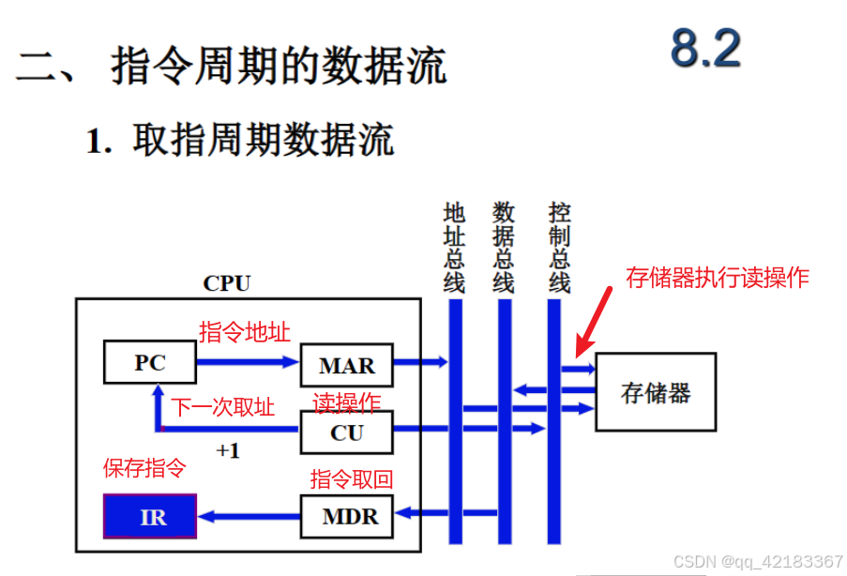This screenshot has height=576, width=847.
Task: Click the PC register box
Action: (x=149, y=362)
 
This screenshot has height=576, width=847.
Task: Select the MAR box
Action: (x=346, y=365)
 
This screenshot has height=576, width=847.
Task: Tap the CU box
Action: (x=346, y=432)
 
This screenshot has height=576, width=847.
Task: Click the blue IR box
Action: (x=150, y=516)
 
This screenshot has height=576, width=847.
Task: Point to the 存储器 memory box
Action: (x=656, y=391)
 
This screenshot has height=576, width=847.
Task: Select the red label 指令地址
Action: (x=244, y=332)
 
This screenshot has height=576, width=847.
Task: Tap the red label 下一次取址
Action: (x=223, y=407)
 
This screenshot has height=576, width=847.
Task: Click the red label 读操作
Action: (x=347, y=402)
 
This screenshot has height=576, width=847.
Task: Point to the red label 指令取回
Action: (x=352, y=479)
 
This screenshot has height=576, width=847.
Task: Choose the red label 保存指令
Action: (x=144, y=467)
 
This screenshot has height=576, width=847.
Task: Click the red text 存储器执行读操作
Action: (x=717, y=278)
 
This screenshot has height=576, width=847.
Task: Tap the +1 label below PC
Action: (x=228, y=450)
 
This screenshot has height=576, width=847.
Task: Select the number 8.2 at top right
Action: (x=705, y=49)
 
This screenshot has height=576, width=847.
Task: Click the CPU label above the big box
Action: (x=227, y=282)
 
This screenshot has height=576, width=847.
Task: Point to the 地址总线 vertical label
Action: (x=455, y=247)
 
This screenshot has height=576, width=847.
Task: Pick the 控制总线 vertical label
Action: (x=560, y=247)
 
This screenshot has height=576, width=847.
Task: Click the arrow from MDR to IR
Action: (x=249, y=515)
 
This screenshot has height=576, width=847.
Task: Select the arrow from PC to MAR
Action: (x=247, y=361)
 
